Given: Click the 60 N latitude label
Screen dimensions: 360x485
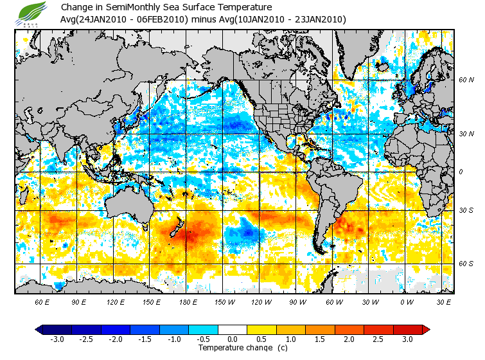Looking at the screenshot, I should (465, 80).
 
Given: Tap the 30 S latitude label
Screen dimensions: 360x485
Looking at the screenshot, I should (465, 210).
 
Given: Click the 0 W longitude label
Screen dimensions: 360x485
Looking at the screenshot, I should (406, 301).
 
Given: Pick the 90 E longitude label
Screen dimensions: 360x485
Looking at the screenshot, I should (79, 301).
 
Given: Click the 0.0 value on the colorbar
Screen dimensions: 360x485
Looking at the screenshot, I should (233, 339).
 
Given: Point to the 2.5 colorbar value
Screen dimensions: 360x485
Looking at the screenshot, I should (379, 339).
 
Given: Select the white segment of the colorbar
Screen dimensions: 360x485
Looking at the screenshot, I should (233, 329).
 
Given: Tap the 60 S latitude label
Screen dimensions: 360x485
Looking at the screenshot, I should (465, 264).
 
